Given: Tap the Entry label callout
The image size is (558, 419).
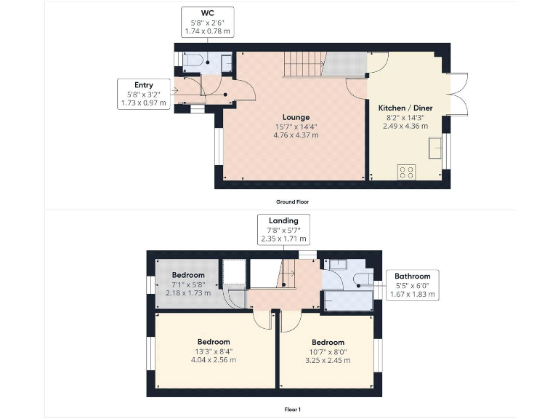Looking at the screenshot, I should pos(143,94).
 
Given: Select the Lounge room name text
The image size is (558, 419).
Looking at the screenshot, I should pos(296,116).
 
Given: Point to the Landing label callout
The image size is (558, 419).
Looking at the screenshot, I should pos(283,229).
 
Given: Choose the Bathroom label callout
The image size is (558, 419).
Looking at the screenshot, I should pos(412,285).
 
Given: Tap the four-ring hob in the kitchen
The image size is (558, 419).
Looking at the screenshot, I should pos(406,172).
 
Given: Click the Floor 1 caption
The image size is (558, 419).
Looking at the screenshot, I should pos(292,410).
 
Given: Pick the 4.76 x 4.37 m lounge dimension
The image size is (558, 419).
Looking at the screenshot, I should pos(296,135).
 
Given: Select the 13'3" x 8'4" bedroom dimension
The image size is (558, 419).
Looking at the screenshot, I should pos(214,351).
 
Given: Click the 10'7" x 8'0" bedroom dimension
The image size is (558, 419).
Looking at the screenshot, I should pos(328,351).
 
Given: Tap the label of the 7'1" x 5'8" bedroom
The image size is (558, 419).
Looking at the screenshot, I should pos(188,275).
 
